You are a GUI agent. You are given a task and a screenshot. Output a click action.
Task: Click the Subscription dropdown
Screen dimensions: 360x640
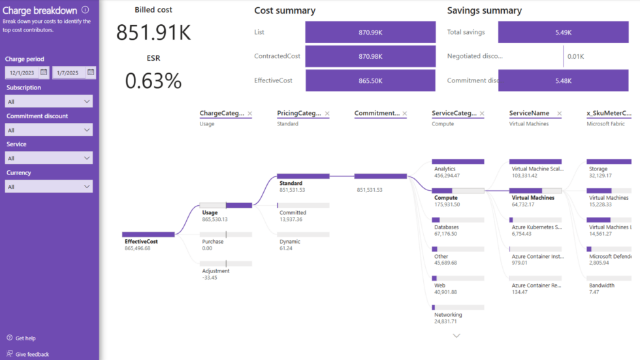tap(49, 101)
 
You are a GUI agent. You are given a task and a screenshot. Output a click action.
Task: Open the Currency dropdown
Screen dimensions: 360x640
tap(49, 187)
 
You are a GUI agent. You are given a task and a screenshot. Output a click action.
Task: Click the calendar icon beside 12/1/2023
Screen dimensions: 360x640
tap(44, 73)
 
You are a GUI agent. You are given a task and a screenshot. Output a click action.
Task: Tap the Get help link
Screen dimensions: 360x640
tap(25, 338)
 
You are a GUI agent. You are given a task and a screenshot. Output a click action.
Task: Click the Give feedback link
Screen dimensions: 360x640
tap(32, 354)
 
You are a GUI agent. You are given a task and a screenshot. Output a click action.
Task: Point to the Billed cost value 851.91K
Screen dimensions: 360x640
tap(153, 32)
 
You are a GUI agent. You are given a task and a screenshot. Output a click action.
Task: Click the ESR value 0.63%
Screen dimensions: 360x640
tap(153, 80)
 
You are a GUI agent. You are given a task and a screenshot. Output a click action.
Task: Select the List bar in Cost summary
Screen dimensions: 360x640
tap(370, 32)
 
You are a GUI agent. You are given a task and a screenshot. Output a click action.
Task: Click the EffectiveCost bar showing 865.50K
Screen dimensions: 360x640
tap(370, 80)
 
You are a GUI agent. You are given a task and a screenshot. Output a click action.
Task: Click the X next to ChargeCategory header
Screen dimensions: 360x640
tap(249, 114)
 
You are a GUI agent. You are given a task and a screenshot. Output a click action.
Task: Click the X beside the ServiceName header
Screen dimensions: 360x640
tap(559, 114)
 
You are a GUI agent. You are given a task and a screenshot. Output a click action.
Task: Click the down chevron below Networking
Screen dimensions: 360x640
tap(456, 335)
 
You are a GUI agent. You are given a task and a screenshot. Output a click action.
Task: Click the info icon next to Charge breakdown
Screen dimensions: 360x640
tap(86, 10)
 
